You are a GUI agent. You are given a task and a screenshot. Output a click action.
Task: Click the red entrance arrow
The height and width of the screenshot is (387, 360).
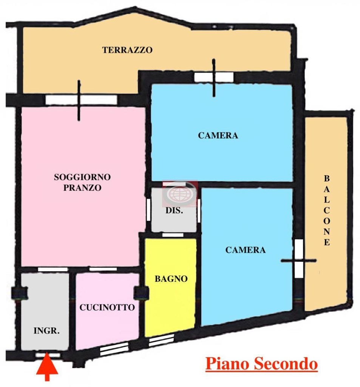47,368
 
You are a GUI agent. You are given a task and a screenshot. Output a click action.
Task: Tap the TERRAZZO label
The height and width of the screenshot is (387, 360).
127,50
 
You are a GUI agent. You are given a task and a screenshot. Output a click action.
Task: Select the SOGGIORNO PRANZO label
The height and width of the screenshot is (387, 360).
82,182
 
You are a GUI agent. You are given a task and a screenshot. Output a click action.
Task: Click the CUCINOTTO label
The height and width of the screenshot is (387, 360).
107,308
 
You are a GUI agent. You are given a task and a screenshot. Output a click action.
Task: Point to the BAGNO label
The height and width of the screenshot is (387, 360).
171,279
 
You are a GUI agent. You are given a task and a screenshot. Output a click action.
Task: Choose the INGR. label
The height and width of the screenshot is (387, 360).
47,331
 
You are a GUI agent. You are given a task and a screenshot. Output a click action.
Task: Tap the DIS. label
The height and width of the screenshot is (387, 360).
174,211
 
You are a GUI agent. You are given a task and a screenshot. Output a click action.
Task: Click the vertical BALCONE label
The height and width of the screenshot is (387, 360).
327,210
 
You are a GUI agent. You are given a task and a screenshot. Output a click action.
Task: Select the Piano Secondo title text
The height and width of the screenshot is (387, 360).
261,364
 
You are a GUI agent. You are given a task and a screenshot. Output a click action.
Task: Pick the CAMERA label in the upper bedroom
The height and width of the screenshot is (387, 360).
218,135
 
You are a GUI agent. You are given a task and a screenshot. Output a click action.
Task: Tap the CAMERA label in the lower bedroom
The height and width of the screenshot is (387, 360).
246,250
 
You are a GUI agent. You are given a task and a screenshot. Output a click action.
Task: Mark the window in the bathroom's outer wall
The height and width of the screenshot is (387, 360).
161,341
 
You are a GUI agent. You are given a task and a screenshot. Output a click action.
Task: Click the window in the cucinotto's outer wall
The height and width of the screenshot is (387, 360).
114,349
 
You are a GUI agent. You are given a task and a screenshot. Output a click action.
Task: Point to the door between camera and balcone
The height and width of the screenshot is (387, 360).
299,260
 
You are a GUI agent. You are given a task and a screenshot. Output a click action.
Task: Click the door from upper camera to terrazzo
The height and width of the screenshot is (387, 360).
214,77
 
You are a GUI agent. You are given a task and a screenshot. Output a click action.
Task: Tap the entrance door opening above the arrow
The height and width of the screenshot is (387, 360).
48,355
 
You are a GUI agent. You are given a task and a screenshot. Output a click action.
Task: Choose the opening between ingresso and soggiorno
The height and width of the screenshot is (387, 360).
53,269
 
